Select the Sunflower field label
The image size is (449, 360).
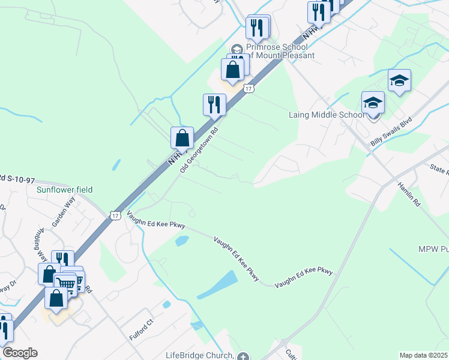coord(64,190)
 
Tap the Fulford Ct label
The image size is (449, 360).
coord(142,329)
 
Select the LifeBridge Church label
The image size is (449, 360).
coord(199,356)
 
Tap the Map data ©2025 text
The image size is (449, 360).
coord(424,355)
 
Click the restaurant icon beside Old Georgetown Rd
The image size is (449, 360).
coord(214,105)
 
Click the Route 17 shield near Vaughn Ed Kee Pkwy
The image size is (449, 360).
coord(114,214)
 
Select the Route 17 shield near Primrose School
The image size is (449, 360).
coord(249,88)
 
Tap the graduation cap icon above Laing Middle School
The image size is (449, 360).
coord(399,80)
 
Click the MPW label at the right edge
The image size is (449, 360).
coord(433,249)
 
